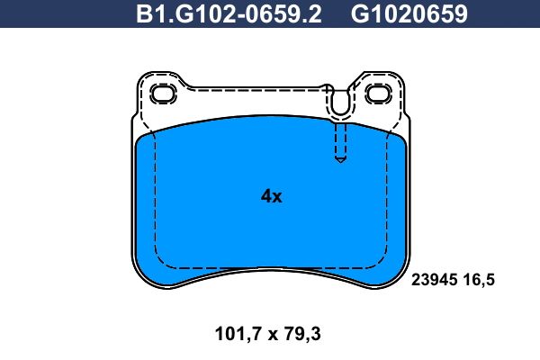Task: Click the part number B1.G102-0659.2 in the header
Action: [229, 13]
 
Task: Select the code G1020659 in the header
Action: [409, 13]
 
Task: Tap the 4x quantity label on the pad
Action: [272, 196]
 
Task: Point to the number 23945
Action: [435, 280]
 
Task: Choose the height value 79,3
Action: [302, 334]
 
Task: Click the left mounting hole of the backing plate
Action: [163, 94]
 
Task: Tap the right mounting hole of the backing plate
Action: [378, 94]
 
